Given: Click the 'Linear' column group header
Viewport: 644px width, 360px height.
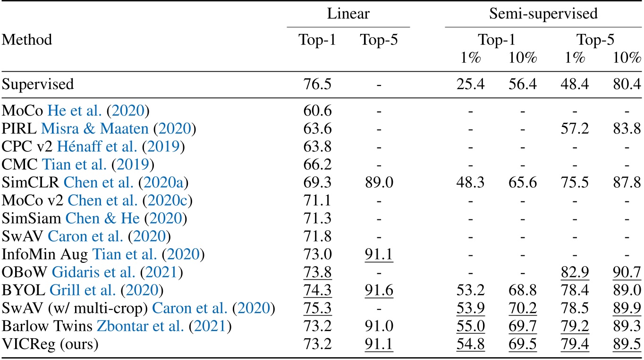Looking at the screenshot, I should (x=348, y=14).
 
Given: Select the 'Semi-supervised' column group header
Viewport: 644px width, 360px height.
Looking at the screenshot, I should (x=543, y=14).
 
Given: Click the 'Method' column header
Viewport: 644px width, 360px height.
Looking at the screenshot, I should (x=27, y=40).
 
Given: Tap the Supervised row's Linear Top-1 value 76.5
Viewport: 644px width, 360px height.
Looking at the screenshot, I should (x=317, y=84).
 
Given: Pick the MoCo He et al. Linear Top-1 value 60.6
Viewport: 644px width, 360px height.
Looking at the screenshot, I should (x=317, y=111).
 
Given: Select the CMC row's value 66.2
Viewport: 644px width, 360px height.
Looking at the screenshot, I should (x=317, y=165).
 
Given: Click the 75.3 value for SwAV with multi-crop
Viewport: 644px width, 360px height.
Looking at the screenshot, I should (x=317, y=309).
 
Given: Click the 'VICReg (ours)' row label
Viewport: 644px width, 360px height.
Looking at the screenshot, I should (x=50, y=344).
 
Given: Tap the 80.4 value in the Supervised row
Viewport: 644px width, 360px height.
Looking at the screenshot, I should (x=627, y=84).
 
